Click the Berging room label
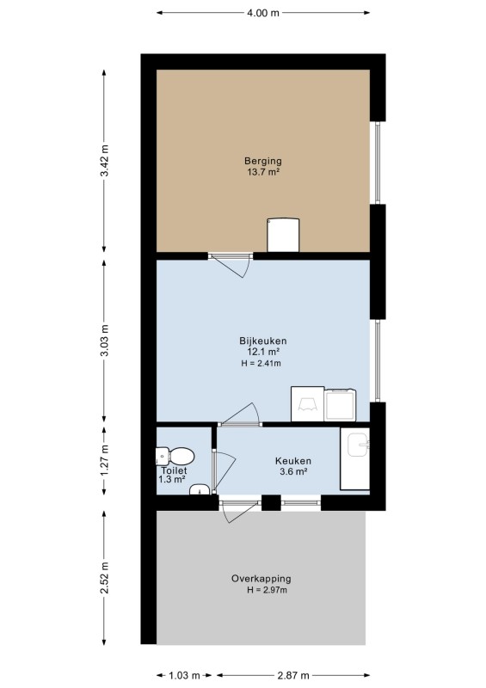tap(263, 161)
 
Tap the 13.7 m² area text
tap(263, 172)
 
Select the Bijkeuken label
tap(263, 341)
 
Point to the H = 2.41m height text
tap(261, 363)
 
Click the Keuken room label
tap(293, 461)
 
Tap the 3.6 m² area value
tap(293, 471)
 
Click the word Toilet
tap(174, 470)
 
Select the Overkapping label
tap(261, 578)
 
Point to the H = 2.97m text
tap(267, 590)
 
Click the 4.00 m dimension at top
tap(263, 13)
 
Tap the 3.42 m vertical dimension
tap(104, 161)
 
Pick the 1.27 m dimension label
tap(104, 460)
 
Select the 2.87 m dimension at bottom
tap(293, 675)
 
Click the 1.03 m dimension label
tap(184, 675)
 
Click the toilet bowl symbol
tap(175, 457)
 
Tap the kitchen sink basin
tap(358, 445)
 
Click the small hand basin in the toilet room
tap(200, 489)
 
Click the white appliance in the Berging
tap(283, 235)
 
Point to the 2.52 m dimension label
tap(104, 577)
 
